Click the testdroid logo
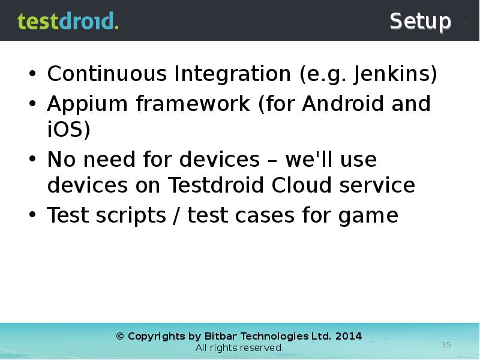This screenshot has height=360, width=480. (x=68, y=21)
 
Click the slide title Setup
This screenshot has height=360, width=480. (x=420, y=22)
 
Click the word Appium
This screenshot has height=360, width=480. (x=88, y=104)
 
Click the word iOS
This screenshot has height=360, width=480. (x=68, y=130)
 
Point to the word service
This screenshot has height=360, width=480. (x=377, y=185)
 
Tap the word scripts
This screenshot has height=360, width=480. (x=133, y=215)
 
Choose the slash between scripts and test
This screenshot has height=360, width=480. (x=177, y=215)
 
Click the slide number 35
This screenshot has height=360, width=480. (x=446, y=344)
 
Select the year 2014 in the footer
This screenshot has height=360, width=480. (x=349, y=336)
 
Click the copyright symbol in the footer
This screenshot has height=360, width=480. (x=120, y=336)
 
